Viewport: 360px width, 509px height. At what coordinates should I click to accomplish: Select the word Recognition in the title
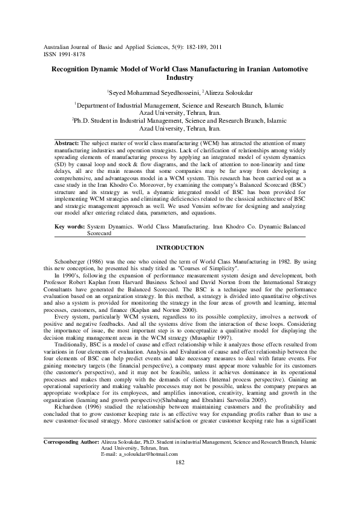click(76, 70)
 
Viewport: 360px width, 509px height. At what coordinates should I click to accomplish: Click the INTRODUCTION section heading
click(180, 248)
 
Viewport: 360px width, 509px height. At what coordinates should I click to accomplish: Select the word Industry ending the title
click(179, 78)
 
